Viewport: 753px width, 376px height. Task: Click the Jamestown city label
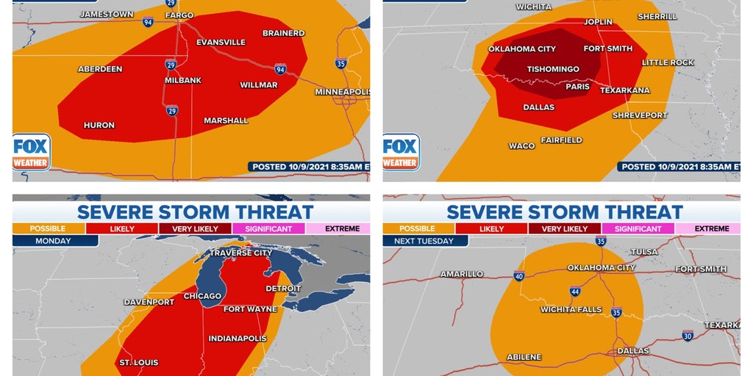107,14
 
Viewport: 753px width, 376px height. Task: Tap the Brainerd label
283,33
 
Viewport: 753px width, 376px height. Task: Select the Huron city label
99,125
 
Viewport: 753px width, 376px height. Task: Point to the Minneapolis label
342,92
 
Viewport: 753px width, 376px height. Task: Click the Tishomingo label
553,69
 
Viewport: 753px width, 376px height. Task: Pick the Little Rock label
668,62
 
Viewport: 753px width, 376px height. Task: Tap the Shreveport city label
640,115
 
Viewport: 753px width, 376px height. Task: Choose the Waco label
522,145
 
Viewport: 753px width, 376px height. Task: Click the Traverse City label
240,253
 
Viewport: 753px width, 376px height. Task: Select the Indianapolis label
237,339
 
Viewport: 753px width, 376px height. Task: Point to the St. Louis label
138,362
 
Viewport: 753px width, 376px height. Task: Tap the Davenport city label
149,302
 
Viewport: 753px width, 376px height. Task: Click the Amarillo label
462,274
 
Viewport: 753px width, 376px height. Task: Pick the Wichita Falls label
568,309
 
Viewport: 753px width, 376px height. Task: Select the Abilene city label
524,357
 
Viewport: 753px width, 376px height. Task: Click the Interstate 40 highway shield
519,276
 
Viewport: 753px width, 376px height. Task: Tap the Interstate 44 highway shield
574,292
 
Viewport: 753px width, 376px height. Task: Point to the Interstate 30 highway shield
687,336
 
